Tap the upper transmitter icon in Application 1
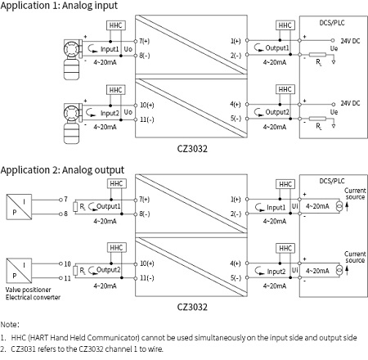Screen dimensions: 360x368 (73, 50)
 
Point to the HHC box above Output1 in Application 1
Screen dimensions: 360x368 (285, 26)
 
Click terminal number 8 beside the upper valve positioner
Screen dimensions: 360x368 (64, 213)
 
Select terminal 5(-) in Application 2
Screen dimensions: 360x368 (236, 277)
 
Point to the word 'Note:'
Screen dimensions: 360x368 (10, 324)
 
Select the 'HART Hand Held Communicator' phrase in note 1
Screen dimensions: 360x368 (80, 336)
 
